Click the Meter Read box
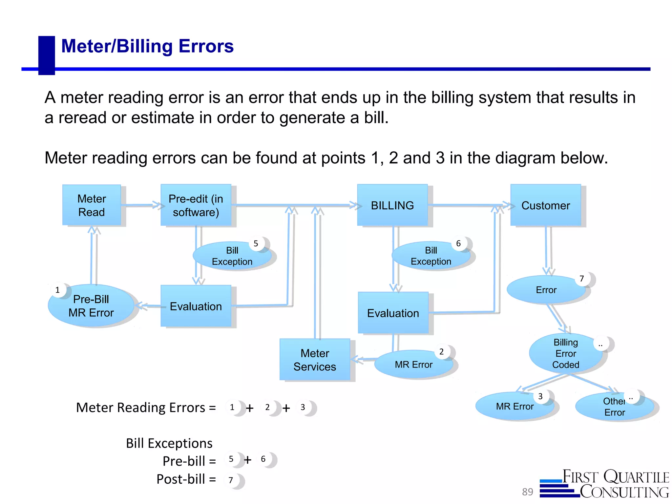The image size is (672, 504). pyautogui.click(x=92, y=205)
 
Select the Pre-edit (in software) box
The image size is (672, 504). pyautogui.click(x=196, y=205)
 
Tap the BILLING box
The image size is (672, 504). pyautogui.click(x=392, y=205)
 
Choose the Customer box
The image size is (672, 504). pyautogui.click(x=546, y=205)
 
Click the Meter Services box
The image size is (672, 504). pyautogui.click(x=315, y=360)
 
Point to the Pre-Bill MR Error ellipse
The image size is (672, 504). pyautogui.click(x=91, y=306)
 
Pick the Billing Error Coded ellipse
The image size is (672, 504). pyautogui.click(x=566, y=353)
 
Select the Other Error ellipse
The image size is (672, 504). pyautogui.click(x=615, y=407)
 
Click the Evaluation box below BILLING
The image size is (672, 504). pyautogui.click(x=393, y=313)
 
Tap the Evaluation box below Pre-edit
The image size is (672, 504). pyautogui.click(x=196, y=306)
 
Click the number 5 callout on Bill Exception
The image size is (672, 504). pyautogui.click(x=256, y=244)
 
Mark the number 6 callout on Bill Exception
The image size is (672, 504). pyautogui.click(x=458, y=244)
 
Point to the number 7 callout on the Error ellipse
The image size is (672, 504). pyautogui.click(x=582, y=279)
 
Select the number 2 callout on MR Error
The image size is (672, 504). pyautogui.click(x=442, y=352)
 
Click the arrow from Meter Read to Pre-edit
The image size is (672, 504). pyautogui.click(x=141, y=205)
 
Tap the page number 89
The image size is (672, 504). pyautogui.click(x=527, y=492)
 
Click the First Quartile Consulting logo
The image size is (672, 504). pyautogui.click(x=605, y=484)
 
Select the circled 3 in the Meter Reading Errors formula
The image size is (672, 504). pyautogui.click(x=303, y=408)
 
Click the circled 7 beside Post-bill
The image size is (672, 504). pyautogui.click(x=231, y=480)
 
